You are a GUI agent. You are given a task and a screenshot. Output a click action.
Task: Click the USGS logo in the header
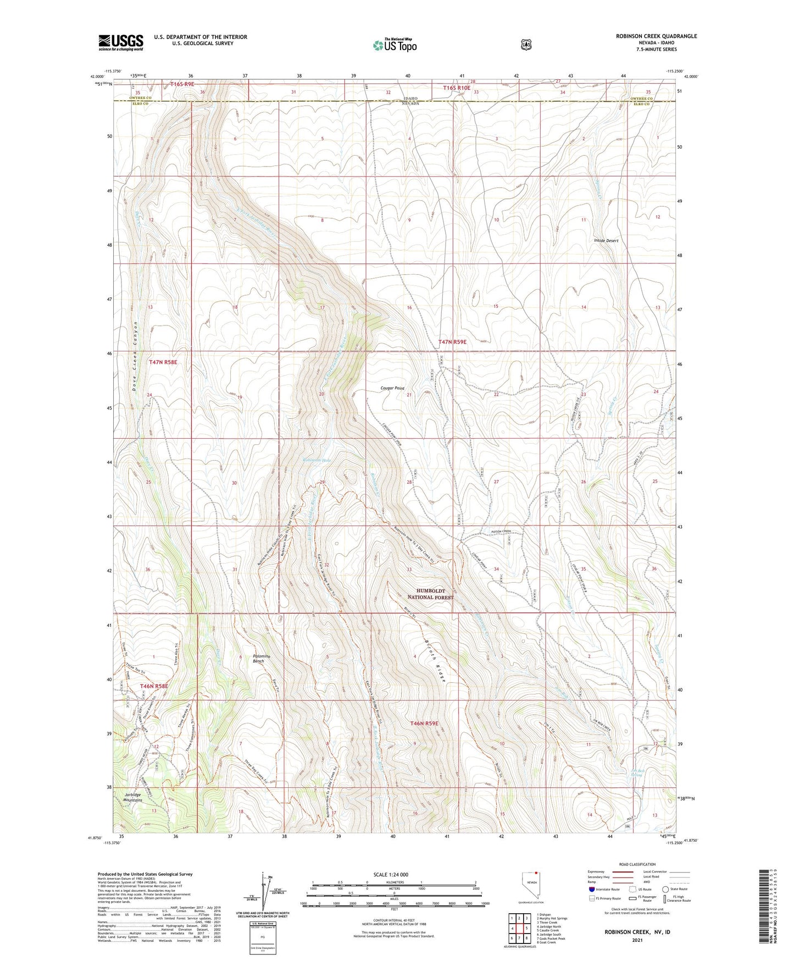coord(121,42)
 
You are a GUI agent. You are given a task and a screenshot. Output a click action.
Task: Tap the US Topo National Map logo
coord(395,45)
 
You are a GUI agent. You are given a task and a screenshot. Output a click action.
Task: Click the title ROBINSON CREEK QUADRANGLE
coord(656,36)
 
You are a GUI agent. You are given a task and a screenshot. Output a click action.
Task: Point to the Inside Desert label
coord(606,240)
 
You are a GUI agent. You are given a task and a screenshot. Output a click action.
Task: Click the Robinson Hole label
coord(317,460)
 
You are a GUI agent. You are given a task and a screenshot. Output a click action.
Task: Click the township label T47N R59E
coord(452,342)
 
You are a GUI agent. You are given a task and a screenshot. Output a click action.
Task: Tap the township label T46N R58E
coord(153,686)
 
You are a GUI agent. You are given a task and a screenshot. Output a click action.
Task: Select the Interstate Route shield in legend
coord(591,889)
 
